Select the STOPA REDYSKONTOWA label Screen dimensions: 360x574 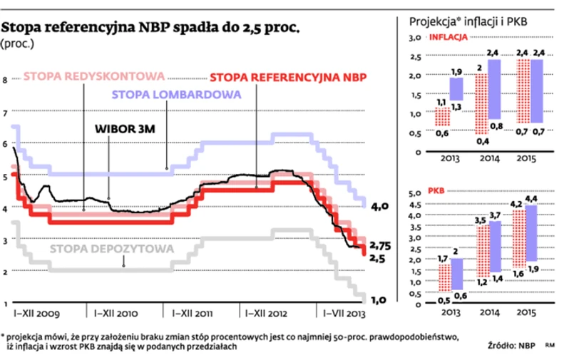pyautogui.click(x=95, y=76)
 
